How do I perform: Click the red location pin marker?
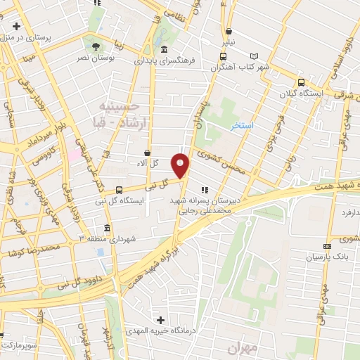pyautogui.click(x=181, y=165)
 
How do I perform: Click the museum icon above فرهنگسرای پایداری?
pyautogui.click(x=164, y=49)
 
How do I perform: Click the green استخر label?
pyautogui.click(x=243, y=124)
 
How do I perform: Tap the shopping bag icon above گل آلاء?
pyautogui.click(x=147, y=153)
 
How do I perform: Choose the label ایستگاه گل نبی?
pyautogui.click(x=143, y=201)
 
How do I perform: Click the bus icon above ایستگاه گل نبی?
pyautogui.click(x=119, y=190)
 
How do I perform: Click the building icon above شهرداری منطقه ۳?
pyautogui.click(x=106, y=229)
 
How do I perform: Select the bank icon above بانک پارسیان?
pyautogui.click(x=326, y=246)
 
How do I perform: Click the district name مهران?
pyautogui.click(x=244, y=348)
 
